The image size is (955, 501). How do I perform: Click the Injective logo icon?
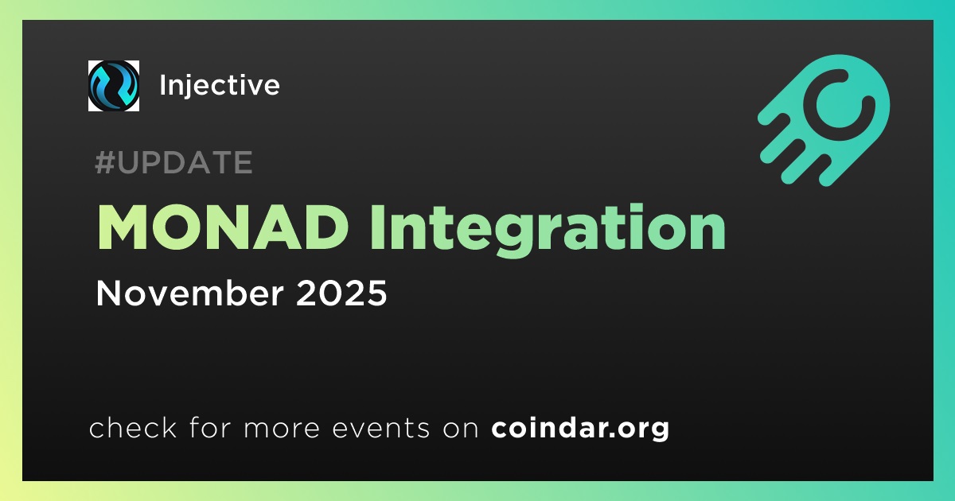click(113, 86)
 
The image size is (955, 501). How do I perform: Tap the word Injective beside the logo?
click(220, 86)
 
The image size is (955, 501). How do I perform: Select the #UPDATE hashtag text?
click(174, 162)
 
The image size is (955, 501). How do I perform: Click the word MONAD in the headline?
click(223, 227)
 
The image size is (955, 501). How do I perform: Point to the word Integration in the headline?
click(548, 231)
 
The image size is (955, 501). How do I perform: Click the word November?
click(189, 293)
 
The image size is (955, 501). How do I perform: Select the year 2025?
click(341, 293)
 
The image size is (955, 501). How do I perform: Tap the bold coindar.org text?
click(580, 428)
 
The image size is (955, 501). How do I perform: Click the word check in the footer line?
click(133, 428)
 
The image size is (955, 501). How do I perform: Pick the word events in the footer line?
click(381, 428)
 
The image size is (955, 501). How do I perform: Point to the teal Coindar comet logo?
click(824, 120)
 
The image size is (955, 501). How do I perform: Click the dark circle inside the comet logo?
click(839, 105)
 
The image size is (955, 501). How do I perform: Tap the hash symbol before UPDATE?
click(104, 162)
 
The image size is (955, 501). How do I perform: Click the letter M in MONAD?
click(122, 227)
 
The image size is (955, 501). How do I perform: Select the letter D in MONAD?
click(325, 227)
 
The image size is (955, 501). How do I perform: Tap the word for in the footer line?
click(210, 427)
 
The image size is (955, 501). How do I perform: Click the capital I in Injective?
click(162, 85)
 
